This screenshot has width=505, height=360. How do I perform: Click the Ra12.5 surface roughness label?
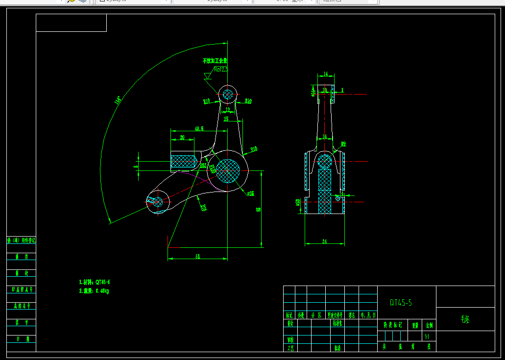221,70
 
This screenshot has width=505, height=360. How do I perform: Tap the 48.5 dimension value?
199,129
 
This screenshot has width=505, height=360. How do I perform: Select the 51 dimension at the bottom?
197,256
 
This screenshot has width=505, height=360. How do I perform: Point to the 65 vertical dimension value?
259,209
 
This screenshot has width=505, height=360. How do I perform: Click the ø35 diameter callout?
250,193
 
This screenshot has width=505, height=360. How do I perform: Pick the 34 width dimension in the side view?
325,241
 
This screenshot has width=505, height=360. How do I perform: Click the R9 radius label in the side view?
343,144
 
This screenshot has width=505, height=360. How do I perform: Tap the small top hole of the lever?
227,94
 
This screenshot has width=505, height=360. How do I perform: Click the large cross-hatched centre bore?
228,170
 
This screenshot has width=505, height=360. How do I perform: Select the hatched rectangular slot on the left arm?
183,161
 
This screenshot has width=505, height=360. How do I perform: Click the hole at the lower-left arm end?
157,201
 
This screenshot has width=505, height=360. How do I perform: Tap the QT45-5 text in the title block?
401,303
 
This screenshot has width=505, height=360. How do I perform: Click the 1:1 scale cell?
427,336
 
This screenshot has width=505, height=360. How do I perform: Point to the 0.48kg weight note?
94,291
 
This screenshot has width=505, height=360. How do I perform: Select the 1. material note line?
95,282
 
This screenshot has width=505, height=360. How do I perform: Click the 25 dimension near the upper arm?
226,119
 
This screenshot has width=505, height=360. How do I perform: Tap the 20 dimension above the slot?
182,138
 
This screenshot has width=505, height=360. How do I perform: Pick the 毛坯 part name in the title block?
465,319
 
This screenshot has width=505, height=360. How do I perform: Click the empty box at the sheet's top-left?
71,23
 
